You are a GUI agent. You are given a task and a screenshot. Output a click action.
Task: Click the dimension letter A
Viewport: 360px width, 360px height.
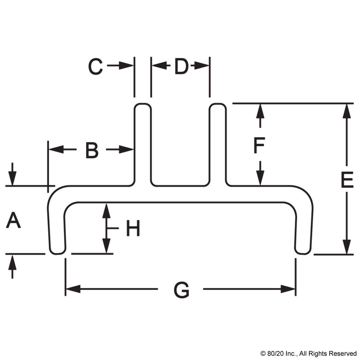[13, 220]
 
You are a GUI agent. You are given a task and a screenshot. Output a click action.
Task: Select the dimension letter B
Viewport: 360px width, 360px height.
[92, 151]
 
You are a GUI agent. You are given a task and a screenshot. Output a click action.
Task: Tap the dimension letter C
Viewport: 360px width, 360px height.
[96, 66]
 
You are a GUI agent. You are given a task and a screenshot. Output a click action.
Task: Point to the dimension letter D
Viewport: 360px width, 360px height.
[182, 66]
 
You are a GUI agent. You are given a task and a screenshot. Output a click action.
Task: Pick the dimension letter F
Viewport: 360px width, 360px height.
[260, 145]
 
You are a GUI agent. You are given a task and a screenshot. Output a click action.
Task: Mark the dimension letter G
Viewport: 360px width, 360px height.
[181, 290]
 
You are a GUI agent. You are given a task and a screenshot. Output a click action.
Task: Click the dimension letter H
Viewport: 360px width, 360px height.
[133, 228]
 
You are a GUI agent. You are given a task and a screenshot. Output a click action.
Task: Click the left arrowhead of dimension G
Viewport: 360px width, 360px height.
[73, 289]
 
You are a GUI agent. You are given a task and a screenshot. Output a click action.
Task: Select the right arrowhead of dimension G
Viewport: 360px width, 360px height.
[288, 289]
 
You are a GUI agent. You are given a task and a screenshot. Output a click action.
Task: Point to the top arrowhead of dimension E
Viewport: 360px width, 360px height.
[347, 111]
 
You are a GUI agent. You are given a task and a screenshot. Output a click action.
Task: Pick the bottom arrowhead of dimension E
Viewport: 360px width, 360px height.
[347, 247]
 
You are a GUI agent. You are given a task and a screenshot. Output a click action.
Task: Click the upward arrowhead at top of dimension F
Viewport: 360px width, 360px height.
[260, 111]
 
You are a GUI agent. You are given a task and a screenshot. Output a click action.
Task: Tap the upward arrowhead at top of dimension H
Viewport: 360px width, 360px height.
[106, 211]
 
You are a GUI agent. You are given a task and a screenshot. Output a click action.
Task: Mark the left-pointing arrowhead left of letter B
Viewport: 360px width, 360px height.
[56, 150]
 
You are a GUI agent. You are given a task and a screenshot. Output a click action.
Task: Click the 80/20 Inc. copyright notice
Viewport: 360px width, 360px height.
[308, 353]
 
